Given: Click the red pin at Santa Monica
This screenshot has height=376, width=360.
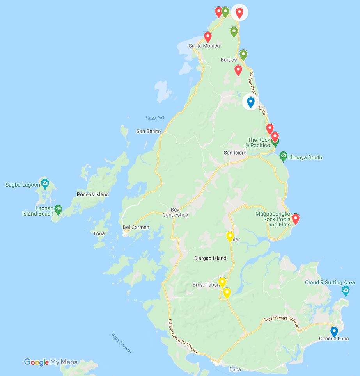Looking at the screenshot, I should click(x=208, y=37).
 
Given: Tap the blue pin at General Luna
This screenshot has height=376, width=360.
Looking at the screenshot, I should click(x=334, y=331).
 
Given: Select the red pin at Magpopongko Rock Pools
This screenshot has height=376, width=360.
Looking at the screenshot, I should click(x=296, y=219).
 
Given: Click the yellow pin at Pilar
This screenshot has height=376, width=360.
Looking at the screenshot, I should click(x=230, y=236).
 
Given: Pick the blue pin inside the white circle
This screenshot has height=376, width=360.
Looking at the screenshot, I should click(x=250, y=102).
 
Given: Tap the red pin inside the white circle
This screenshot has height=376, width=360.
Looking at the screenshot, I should click(x=239, y=12).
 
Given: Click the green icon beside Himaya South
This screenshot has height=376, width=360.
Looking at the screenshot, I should click(x=284, y=157).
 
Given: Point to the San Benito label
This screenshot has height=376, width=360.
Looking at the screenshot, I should click(x=148, y=132).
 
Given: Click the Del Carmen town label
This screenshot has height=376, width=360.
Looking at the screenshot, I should click(x=136, y=227).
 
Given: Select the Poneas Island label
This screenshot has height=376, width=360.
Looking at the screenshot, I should click(x=92, y=194).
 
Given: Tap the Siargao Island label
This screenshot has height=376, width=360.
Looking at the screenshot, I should click(x=210, y=258).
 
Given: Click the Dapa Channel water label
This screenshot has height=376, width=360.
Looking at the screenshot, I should click(x=121, y=343).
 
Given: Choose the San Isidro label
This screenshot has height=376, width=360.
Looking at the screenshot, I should click(x=235, y=153).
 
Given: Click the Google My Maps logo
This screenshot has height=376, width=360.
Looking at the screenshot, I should click(x=51, y=362).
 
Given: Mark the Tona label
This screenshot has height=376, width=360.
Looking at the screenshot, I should click(x=99, y=233).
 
